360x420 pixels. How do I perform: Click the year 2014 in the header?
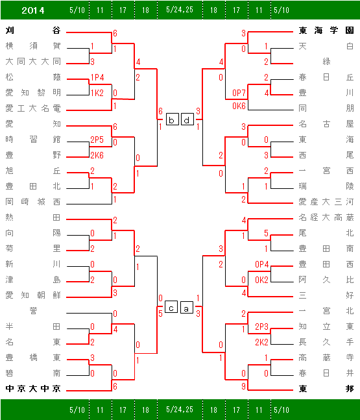click(33, 10)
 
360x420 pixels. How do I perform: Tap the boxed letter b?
click(172, 119)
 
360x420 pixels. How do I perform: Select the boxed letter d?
click(187, 119)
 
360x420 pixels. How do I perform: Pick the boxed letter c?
click(171, 307)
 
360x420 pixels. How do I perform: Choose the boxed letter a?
click(187, 307)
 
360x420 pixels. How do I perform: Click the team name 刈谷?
click(33, 31)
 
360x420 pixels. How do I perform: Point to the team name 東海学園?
click(326, 31)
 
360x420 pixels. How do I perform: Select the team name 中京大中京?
click(33, 388)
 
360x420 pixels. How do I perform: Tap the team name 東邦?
click(326, 388)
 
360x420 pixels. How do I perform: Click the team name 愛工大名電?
click(33, 108)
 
